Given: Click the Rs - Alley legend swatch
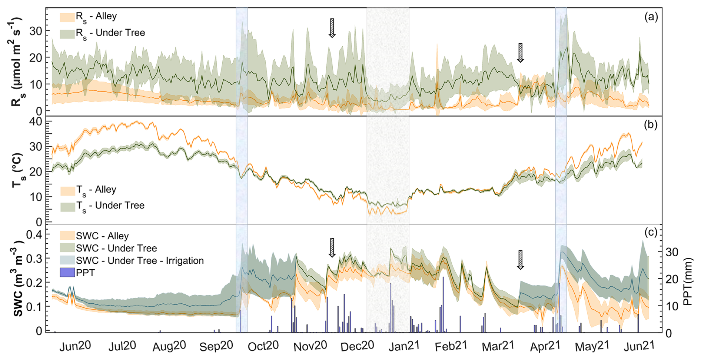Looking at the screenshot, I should (67, 17).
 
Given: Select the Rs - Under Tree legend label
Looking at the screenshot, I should (110, 33).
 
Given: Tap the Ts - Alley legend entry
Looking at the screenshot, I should (96, 190).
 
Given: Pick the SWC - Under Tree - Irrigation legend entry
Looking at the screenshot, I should (140, 261).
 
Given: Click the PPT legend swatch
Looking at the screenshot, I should (67, 273).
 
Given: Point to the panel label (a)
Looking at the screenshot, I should (651, 17).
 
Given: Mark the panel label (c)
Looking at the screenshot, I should (651, 232).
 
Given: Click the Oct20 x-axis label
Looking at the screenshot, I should (263, 346).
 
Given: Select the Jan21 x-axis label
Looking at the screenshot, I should (404, 346).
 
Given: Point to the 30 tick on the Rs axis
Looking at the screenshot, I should (36, 31).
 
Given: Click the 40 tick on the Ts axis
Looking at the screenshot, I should (36, 121).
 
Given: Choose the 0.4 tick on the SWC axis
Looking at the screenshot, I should (34, 234).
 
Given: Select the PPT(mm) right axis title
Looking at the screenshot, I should (688, 281).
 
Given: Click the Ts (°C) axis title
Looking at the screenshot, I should (18, 170).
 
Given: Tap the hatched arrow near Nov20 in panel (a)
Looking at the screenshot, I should (332, 28).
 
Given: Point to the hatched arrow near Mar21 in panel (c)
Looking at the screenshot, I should (521, 260).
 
